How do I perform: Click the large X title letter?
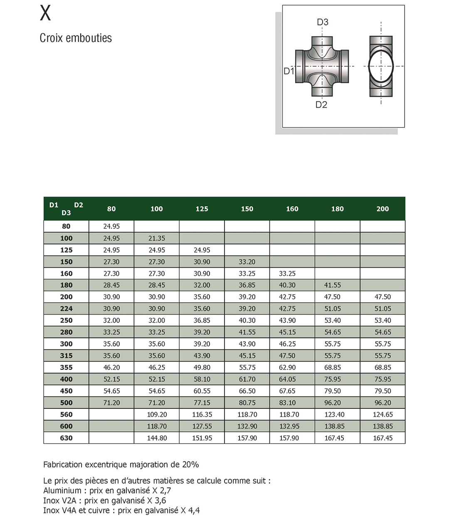pos(45,13)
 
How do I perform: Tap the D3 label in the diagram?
pos(323,22)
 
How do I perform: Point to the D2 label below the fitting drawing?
pos(321,105)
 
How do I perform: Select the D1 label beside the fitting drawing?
pos(289,71)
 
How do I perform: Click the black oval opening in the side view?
pos(380,66)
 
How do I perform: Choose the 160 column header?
pos(292,209)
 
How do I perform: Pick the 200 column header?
pos(382,209)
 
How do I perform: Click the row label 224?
pos(66,309)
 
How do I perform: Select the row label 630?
pos(66,438)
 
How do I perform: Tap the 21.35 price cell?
pos(157,238)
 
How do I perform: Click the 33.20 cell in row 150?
pos(247,262)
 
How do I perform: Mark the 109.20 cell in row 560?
pos(157,414)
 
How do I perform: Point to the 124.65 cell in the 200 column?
pos(382,414)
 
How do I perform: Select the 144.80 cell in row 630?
pos(157,438)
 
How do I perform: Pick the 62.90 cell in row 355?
pos(287,367)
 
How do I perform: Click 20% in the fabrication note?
pos(190,465)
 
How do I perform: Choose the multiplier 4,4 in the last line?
pos(194,511)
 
